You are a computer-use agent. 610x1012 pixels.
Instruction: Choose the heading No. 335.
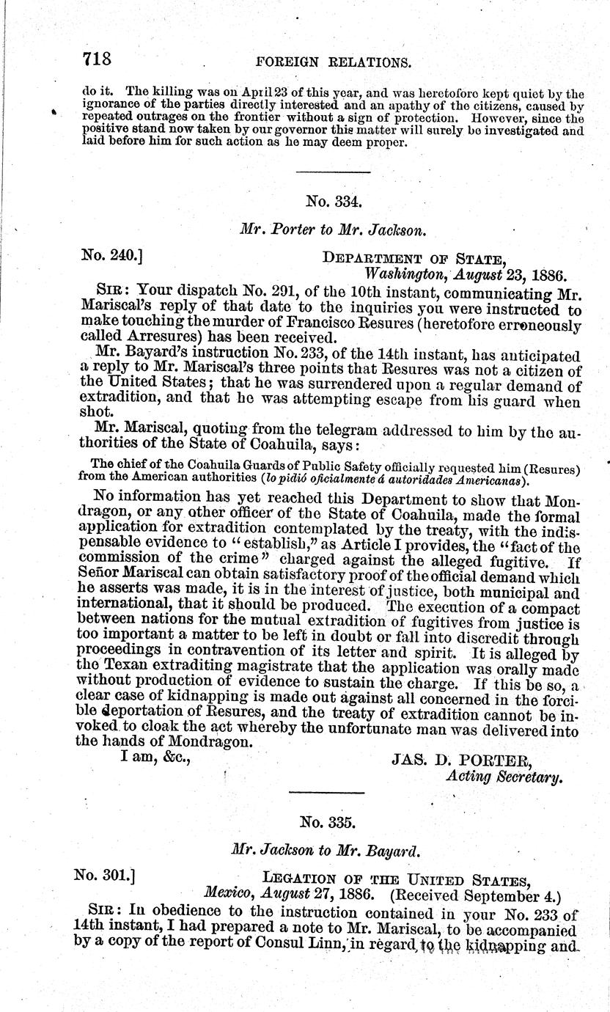point(334,822)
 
